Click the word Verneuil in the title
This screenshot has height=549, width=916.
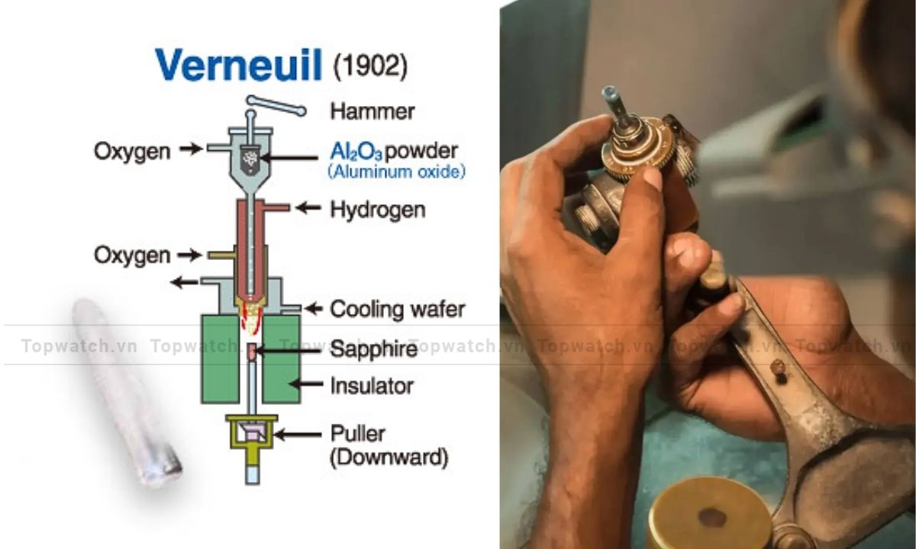[x=238, y=66]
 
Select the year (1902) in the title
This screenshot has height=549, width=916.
[x=370, y=66]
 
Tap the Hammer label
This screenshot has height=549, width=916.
[x=373, y=111]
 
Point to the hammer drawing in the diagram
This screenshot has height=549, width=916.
[x=276, y=105]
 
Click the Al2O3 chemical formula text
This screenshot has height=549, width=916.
[x=356, y=152]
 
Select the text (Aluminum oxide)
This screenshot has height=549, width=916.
[x=397, y=172]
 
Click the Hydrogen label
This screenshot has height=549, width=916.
[x=378, y=210]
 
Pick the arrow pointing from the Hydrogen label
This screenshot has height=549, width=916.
[x=308, y=208]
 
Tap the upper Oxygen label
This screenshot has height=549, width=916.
[x=132, y=152]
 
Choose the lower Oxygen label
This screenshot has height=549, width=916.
[x=132, y=255]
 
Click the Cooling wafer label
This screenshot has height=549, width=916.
[x=398, y=310]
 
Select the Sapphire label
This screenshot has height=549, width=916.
[x=374, y=349]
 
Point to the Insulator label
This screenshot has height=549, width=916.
[x=372, y=386]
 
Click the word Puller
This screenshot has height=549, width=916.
[x=358, y=434]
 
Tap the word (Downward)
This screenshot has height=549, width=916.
[x=389, y=457]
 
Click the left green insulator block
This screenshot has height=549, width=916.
[x=221, y=358]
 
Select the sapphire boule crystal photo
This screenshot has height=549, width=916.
[x=126, y=393]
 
